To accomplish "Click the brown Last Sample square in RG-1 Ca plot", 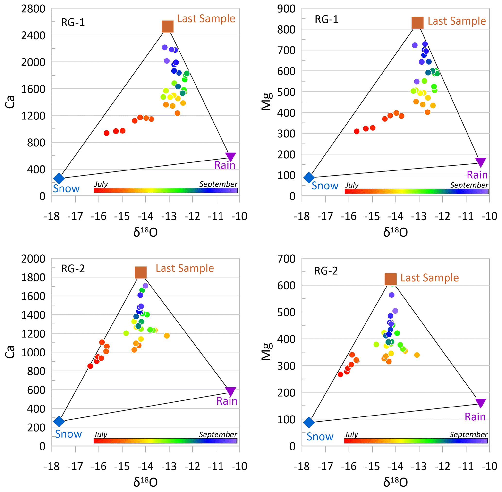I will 167,26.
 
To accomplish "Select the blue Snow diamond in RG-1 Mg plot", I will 309,177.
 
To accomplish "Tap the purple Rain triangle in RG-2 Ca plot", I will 230,391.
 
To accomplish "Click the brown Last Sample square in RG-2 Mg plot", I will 390,279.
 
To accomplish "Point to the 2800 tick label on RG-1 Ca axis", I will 33,9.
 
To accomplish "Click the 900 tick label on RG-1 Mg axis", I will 286,9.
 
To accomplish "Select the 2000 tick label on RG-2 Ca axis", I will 33,259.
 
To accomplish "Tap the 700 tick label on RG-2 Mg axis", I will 286,259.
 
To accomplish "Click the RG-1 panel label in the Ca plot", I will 73,23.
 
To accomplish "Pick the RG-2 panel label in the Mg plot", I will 325,271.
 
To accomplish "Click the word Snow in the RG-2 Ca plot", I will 68,434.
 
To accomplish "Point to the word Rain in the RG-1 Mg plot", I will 477,175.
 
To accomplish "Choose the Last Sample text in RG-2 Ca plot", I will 185,268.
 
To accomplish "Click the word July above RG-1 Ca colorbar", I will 101,184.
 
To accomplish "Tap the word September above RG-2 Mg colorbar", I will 468,434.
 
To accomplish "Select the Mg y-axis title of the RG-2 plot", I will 267,351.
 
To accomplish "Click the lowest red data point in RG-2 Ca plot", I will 90,366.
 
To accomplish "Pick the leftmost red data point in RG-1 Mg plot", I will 357,131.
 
